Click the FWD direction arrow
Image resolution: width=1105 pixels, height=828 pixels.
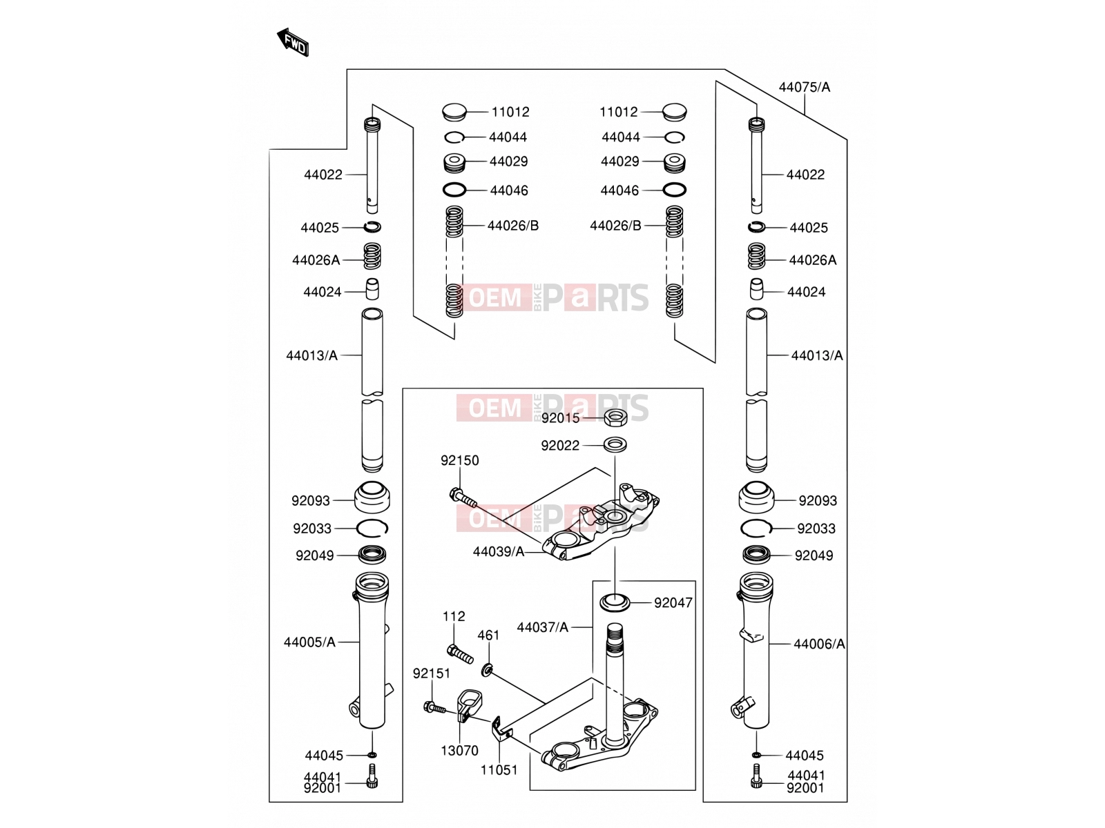pos(293,42)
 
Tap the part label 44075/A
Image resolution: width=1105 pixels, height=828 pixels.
pos(804,88)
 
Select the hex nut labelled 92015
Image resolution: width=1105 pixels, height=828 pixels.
pos(615,417)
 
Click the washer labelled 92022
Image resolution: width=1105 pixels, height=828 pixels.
pos(615,445)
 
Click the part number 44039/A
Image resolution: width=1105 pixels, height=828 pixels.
pos(499,552)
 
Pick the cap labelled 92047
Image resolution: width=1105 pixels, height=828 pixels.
pos(615,602)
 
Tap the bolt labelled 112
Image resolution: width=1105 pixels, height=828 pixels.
pos(460,654)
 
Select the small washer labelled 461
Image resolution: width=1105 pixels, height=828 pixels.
pos(487,669)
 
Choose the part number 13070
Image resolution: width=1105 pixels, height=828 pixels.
pos(459,751)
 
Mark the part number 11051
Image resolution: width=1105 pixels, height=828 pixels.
pos(499,769)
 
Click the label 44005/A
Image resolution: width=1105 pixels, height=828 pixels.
pos(309,642)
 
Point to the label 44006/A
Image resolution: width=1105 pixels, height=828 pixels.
pos(819,644)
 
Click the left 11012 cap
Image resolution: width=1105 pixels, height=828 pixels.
pos(454,112)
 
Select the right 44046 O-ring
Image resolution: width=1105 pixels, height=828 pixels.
pos(674,190)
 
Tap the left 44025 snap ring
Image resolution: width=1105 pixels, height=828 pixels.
pos(372,227)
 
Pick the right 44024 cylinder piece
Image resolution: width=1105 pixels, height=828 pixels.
pos(756,289)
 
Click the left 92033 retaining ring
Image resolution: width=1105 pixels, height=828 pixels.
pos(372,529)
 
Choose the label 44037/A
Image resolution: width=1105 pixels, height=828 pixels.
pos(542,627)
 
